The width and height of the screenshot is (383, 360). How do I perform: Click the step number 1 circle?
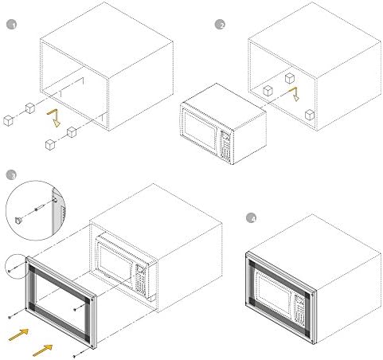(11, 25)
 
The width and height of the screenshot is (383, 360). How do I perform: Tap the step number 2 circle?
(220, 25)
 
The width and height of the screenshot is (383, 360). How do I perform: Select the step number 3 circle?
(11, 174)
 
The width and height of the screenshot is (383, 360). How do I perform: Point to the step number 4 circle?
(252, 218)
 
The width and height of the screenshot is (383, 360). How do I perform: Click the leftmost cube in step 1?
(8, 120)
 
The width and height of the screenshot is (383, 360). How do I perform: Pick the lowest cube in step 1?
(50, 144)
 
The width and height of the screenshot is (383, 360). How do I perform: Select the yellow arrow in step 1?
(54, 117)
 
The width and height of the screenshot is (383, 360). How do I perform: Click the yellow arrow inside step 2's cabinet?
(295, 94)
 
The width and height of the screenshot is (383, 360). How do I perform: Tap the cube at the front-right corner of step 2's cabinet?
(310, 115)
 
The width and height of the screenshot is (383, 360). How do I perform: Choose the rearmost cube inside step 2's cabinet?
(290, 78)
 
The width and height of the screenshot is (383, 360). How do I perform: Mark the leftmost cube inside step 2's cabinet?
(268, 91)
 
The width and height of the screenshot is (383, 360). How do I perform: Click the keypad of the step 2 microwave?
(225, 146)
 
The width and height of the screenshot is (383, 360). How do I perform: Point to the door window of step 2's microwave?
(200, 127)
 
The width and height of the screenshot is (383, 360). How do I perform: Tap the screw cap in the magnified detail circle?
(18, 220)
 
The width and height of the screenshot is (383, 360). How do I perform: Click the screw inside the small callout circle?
(10, 271)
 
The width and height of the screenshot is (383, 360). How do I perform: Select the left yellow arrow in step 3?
(18, 335)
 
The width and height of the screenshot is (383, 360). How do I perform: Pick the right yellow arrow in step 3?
(42, 350)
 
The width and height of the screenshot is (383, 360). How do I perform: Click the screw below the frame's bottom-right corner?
(74, 356)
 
